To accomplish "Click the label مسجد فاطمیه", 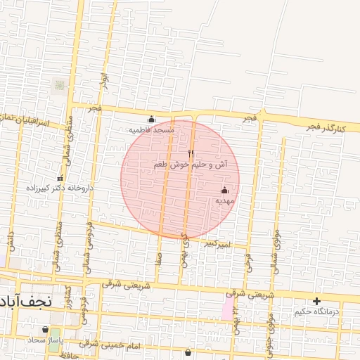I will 151,130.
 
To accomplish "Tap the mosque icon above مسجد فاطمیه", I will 151,119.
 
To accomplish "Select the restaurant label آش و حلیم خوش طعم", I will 191,165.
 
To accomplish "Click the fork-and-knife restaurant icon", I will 191,153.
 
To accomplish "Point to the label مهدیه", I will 224,201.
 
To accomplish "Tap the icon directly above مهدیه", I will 225,190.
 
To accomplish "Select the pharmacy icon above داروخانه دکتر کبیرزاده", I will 60,178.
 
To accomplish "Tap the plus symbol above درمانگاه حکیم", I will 316,301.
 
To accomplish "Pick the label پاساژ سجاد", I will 46,340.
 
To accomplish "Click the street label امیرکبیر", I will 217,244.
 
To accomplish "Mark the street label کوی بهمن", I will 185,250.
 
